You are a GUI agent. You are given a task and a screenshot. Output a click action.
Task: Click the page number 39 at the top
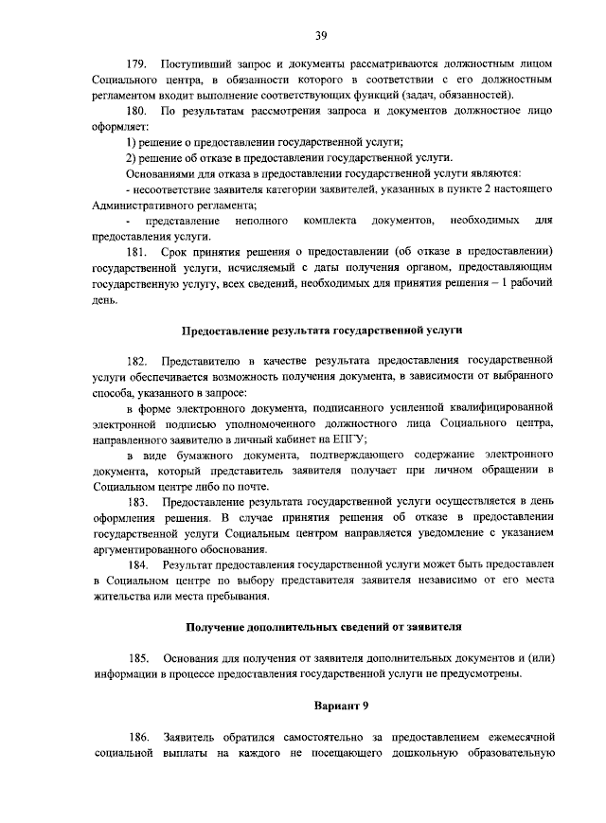(321, 35)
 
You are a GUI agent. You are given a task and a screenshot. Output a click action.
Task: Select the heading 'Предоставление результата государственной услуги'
(321, 331)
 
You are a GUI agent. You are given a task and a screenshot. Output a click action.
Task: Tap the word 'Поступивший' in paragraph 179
(195, 63)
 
